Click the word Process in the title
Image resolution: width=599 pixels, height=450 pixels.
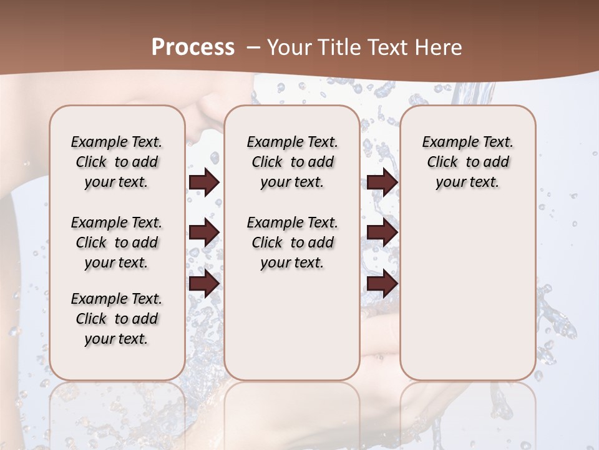[193, 47]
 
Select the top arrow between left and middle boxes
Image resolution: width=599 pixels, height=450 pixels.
[204, 182]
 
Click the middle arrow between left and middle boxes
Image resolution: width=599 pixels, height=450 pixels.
[204, 232]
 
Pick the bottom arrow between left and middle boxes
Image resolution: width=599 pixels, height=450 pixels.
[204, 283]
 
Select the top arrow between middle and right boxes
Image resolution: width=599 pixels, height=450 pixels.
[382, 182]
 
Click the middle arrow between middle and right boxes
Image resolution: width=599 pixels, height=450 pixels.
[382, 232]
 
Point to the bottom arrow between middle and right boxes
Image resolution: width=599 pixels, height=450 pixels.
[382, 283]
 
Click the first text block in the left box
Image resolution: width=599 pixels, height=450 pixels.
[117, 162]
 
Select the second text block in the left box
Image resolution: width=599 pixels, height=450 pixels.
[117, 242]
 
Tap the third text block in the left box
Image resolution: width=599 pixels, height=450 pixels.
[117, 319]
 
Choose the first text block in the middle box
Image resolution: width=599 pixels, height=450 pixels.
[292, 162]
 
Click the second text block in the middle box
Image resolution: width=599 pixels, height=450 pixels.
[292, 242]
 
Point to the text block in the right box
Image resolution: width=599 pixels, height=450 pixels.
[468, 162]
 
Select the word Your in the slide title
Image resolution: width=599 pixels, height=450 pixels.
[288, 47]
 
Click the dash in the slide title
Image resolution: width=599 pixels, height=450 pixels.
[253, 47]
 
